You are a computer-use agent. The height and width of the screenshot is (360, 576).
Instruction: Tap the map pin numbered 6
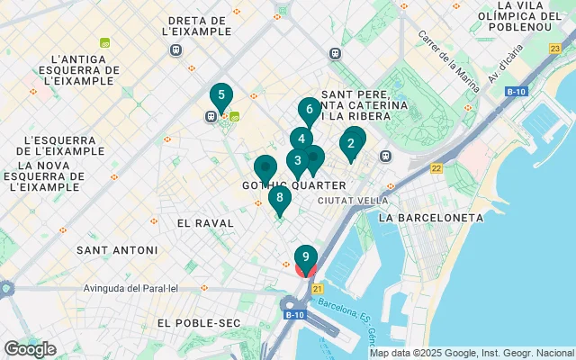309,111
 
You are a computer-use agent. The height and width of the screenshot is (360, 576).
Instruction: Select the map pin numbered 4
301,139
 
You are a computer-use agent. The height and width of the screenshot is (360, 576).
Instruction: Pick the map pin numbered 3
296,162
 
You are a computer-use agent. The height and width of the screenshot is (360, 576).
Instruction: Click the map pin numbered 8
279,199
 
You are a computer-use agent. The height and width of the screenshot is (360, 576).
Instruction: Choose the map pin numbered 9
306,258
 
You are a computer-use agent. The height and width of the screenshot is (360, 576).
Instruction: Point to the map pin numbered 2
351,143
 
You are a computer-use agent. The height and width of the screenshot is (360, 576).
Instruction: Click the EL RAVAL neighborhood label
205,222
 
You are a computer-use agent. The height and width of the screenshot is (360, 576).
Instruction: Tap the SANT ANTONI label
117,249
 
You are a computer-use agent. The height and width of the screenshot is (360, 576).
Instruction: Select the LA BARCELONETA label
430,218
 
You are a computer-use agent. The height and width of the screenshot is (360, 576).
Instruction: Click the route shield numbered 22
436,168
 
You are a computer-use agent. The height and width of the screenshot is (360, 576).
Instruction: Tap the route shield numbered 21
318,288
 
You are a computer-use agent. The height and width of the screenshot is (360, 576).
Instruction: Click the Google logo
30,349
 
